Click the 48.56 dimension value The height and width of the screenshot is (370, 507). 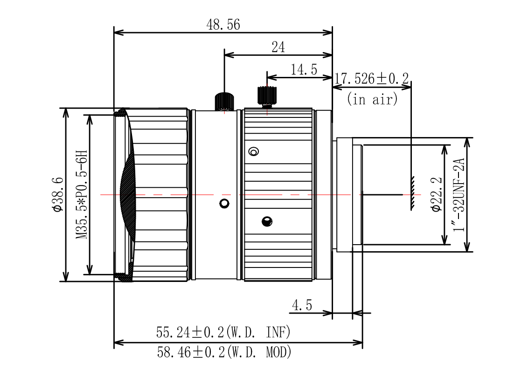[x=223, y=25]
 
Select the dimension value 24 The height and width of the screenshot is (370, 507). [x=278, y=47]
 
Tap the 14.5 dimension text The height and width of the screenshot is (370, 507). [x=304, y=70]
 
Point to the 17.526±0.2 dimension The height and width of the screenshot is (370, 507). [x=371, y=78]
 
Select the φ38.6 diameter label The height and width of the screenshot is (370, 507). [x=57, y=194]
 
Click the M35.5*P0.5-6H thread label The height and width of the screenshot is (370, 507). [x=82, y=194]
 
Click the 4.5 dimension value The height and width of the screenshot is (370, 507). [x=302, y=306]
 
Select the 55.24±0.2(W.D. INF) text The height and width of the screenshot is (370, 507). [x=223, y=332]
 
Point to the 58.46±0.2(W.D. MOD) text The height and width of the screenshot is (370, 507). [x=224, y=352]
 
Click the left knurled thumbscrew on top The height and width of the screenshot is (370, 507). [x=224, y=101]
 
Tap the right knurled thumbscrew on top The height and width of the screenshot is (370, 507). [x=267, y=96]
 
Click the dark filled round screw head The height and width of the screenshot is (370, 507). [x=267, y=222]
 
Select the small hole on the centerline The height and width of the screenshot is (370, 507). [x=224, y=203]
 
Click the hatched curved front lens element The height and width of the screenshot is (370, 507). [x=127, y=194]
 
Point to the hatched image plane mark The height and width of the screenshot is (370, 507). [x=412, y=193]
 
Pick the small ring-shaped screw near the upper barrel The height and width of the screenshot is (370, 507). [x=254, y=151]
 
